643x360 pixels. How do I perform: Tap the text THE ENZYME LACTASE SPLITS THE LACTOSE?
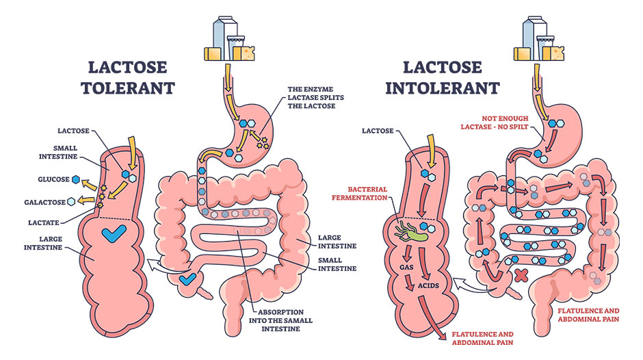[315, 101]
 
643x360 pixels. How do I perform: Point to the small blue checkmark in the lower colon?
[187, 279]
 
